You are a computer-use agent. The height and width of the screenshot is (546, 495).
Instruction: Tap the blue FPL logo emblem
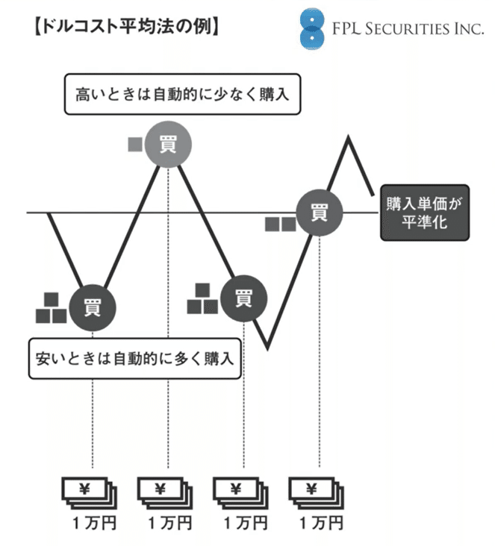pyautogui.click(x=308, y=29)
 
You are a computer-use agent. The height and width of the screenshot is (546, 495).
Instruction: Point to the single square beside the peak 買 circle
pyautogui.click(x=135, y=143)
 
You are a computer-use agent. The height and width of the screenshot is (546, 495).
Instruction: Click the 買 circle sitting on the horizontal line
pyautogui.click(x=320, y=213)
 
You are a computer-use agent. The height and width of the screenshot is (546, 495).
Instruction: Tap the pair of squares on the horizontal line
pyautogui.click(x=280, y=222)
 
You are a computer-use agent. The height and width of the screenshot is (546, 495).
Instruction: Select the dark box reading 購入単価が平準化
pyautogui.click(x=425, y=213)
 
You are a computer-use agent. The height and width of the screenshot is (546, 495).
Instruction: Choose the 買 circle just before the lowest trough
pyautogui.click(x=242, y=298)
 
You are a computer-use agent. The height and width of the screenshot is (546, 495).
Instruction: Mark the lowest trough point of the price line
pyautogui.click(x=267, y=348)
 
